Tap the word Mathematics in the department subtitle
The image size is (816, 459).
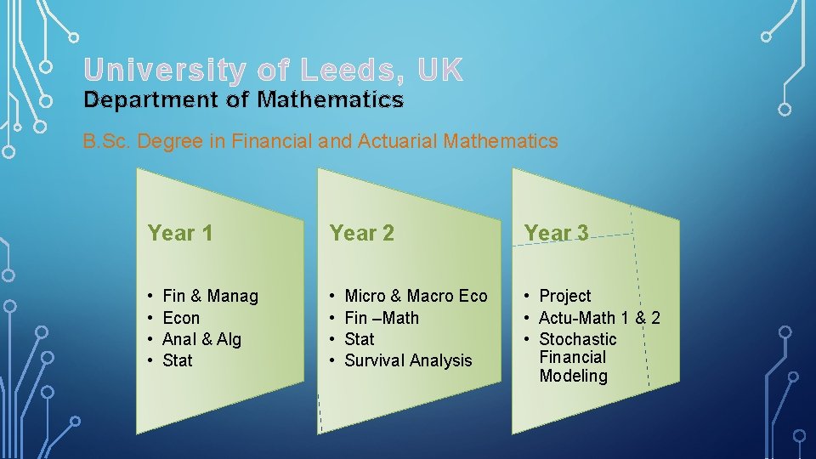click(x=331, y=100)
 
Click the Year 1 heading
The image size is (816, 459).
click(x=180, y=233)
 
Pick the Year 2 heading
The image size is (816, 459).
click(x=362, y=233)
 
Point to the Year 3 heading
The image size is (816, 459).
click(x=556, y=233)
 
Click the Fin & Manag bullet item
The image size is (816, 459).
click(x=210, y=296)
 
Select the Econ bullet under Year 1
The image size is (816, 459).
click(x=181, y=318)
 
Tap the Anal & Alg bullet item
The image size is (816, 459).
click(x=201, y=339)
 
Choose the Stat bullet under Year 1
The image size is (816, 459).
click(x=178, y=360)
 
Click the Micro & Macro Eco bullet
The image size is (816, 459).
click(x=416, y=296)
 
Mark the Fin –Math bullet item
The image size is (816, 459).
click(x=382, y=318)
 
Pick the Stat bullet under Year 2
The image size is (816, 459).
click(x=360, y=339)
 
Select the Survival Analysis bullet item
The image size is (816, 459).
click(x=408, y=360)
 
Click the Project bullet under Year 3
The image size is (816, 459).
click(x=565, y=296)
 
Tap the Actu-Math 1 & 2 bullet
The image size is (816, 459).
click(x=599, y=318)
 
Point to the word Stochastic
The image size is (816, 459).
click(x=578, y=339)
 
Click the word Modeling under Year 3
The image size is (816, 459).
click(x=574, y=376)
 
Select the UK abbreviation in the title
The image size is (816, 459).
click(x=440, y=71)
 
